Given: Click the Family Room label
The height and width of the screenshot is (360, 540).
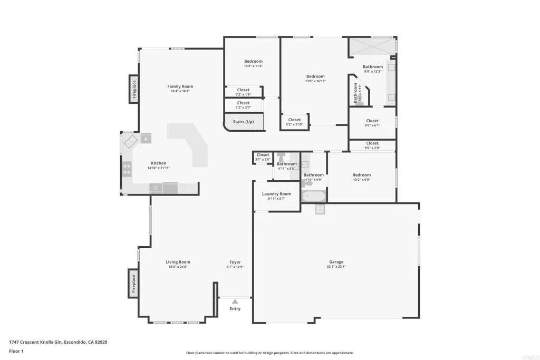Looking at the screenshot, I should pos(180,86).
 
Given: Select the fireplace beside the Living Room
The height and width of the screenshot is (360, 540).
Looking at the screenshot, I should pos(133,283).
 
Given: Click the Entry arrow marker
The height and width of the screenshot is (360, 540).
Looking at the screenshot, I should pos(235,301).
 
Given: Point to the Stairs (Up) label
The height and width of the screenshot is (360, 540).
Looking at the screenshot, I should pos(243,122).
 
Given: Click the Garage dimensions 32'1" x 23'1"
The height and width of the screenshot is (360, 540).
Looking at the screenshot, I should pos(336,267).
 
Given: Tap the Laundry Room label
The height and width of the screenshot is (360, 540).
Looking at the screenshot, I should pos(276,194).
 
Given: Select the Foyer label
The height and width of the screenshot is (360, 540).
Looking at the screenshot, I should pos(235,262).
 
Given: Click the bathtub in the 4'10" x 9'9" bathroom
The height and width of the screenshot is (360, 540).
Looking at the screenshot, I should pos(314,197).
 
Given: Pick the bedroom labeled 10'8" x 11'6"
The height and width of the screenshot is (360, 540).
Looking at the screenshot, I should pos(253,62).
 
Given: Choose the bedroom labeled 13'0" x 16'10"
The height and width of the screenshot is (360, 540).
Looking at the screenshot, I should pos(315,76).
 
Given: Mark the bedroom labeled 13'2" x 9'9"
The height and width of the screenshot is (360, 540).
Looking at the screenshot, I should pos(361,175).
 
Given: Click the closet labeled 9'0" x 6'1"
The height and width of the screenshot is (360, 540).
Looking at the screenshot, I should pos(372,121).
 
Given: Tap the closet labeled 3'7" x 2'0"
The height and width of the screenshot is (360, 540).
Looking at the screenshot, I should pos(263,155).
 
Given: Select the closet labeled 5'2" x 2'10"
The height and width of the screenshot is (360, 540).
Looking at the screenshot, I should pos(294,120).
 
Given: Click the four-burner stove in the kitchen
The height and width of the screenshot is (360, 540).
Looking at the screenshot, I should pos(127,169).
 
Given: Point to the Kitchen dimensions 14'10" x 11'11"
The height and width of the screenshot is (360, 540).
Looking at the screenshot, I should pos(158,168).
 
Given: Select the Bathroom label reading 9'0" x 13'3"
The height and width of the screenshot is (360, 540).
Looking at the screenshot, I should pos(372,67).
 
